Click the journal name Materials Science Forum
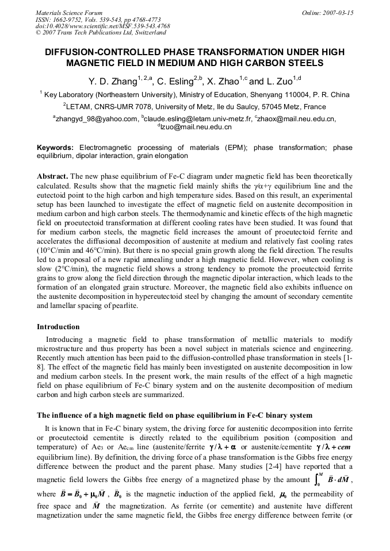tap(69, 13)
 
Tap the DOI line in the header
tap(102, 26)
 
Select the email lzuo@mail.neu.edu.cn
tap(196, 126)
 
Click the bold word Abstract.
tap(53, 176)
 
